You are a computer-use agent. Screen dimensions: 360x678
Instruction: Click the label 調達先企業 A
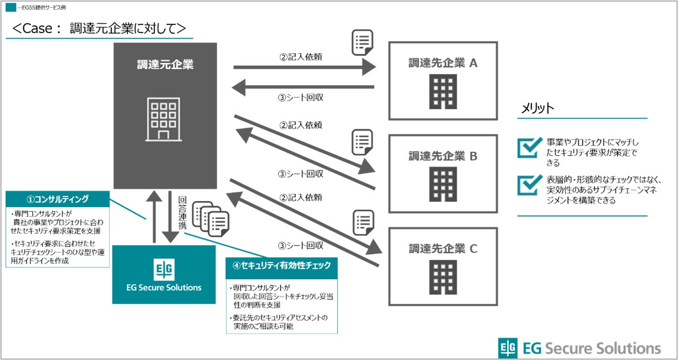point(443,63)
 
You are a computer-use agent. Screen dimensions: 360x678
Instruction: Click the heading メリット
point(538,108)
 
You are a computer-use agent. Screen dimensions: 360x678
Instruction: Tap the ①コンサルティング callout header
point(57,199)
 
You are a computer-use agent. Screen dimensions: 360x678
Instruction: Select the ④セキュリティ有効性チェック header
point(281,266)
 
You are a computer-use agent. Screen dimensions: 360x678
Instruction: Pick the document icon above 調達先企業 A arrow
point(362,43)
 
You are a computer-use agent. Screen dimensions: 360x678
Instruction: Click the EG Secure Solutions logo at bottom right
point(580,348)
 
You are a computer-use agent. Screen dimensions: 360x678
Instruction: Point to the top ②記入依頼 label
point(300,57)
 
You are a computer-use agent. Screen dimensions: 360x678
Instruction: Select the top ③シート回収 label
point(300,97)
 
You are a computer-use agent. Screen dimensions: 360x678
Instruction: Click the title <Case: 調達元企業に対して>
point(99,28)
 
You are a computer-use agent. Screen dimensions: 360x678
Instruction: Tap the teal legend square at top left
point(10,8)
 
